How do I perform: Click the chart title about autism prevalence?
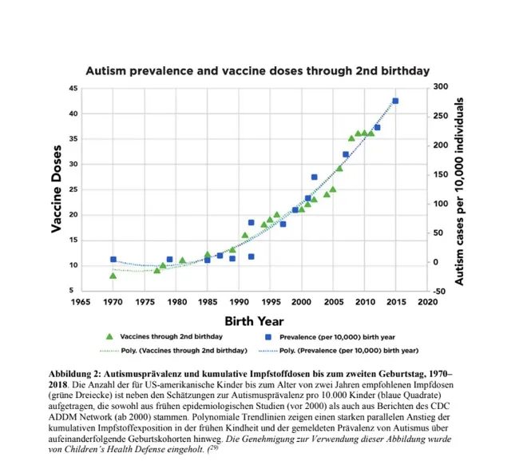(x=258, y=71)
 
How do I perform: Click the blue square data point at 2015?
(x=395, y=101)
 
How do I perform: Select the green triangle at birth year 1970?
(x=113, y=276)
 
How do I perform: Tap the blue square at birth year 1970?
(x=113, y=259)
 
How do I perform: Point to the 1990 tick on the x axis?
(x=239, y=302)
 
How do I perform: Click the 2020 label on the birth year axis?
(x=427, y=302)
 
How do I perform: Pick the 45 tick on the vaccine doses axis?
(x=73, y=89)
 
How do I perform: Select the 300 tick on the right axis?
(x=440, y=87)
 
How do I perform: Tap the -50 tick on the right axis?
(x=438, y=291)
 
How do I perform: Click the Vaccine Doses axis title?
(x=57, y=189)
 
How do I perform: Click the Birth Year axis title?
(x=254, y=321)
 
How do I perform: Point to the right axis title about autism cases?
(x=459, y=192)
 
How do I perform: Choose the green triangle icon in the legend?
(x=109, y=336)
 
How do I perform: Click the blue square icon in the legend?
(x=268, y=337)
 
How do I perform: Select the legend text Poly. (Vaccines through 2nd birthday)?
(x=184, y=351)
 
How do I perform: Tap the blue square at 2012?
(x=377, y=127)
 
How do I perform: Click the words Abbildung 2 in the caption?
(x=74, y=374)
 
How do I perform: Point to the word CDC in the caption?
(x=440, y=406)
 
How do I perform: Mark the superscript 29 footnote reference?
(x=213, y=447)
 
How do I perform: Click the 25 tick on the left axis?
(x=73, y=189)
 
